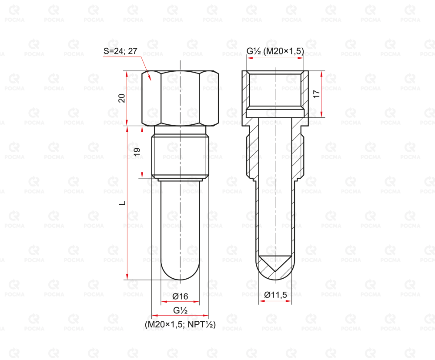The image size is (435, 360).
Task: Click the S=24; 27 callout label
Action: click(120, 51)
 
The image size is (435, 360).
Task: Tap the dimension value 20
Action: click(122, 98)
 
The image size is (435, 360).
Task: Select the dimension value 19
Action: click(137, 151)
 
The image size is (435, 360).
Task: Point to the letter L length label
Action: click(122, 203)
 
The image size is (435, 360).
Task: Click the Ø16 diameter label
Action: click(180, 297)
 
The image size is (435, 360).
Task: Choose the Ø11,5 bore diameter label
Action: click(275, 294)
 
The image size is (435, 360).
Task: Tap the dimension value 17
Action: click(317, 94)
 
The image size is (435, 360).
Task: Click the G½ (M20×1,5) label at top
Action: click(275, 51)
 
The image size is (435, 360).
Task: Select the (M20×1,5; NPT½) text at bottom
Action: click(180, 324)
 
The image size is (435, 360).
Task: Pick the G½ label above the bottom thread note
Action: click(181, 310)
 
